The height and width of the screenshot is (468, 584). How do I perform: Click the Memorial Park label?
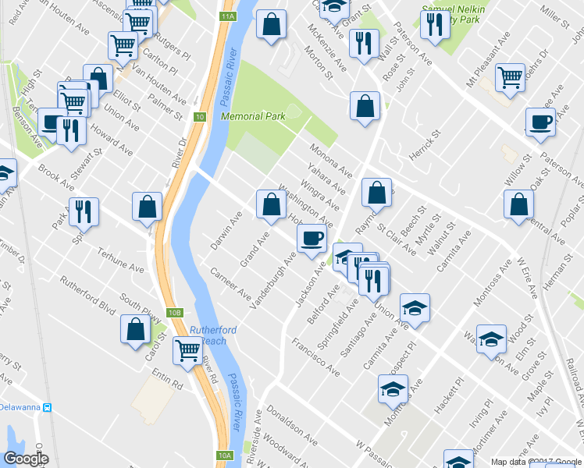252,116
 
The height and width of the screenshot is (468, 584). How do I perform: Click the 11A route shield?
227,16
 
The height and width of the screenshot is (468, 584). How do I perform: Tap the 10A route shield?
225,456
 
